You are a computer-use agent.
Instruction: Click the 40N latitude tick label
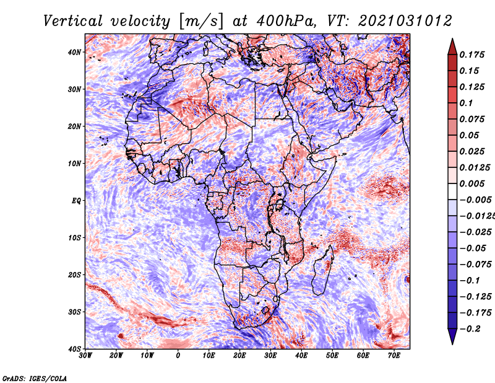74,52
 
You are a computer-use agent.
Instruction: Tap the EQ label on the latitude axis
76,201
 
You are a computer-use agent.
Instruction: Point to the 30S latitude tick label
74,312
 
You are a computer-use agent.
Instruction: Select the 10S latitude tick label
74,238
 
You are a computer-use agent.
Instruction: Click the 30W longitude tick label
85,356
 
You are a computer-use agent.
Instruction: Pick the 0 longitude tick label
178,356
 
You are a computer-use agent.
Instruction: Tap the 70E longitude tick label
394,356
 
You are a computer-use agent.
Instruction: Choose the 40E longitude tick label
301,356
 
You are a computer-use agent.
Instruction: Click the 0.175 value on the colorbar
471,55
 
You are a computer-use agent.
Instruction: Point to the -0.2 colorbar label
470,328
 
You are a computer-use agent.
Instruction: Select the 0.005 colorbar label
471,183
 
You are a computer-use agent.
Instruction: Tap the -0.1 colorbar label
470,280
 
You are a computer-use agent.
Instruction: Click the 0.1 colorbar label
466,103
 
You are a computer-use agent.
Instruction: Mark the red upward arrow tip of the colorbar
452,39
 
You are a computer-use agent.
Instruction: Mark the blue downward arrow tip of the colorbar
452,343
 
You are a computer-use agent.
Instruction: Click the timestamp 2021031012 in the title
405,21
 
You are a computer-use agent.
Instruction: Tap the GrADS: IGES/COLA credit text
35,378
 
